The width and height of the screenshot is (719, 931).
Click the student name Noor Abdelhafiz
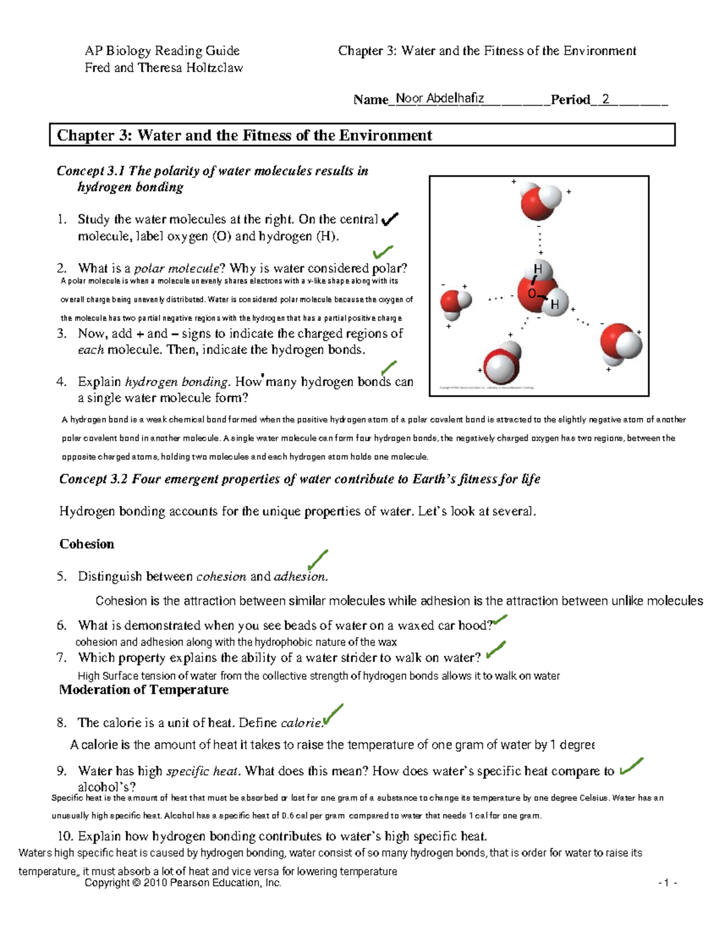coord(440,98)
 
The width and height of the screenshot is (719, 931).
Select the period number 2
coord(606,99)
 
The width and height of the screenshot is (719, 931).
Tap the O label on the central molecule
coord(531,294)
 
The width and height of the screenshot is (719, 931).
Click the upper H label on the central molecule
coord(537,269)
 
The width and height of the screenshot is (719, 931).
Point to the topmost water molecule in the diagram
coord(540,202)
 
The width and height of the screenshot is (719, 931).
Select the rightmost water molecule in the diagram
coord(621,344)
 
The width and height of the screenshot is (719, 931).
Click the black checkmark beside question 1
coord(389,219)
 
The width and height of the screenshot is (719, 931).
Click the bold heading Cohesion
coord(86,544)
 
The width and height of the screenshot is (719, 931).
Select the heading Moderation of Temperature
coord(144,689)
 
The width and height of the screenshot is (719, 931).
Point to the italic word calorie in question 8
coord(301,723)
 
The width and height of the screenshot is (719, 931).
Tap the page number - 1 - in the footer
coord(667,882)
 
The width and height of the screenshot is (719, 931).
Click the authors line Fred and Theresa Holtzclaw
coord(164,68)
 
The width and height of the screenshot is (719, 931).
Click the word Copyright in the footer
coord(107,882)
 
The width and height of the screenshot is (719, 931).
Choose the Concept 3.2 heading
coord(300,479)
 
